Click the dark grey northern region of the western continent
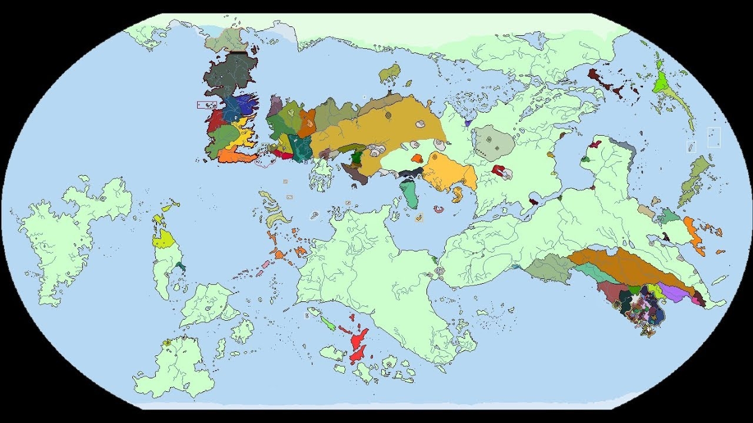click(x=226, y=76)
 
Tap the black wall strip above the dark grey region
click(x=238, y=53)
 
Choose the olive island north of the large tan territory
click(x=389, y=73)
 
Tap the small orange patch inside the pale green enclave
click(x=417, y=157)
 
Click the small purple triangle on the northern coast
click(x=468, y=123)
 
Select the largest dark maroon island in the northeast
click(x=595, y=75)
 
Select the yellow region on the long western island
click(x=163, y=239)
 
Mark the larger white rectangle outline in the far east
click(x=714, y=137)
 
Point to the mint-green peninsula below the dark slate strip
click(x=410, y=194)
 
